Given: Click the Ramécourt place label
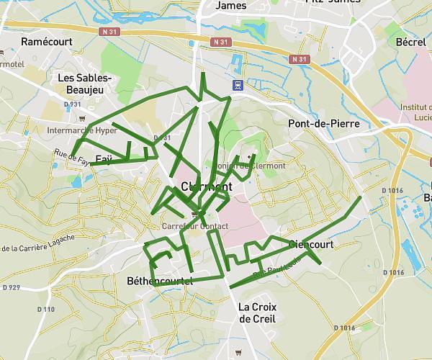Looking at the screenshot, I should pyautogui.click(x=45, y=42).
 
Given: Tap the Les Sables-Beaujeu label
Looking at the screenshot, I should pyautogui.click(x=84, y=84).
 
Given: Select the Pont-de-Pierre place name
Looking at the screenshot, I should pyautogui.click(x=323, y=123).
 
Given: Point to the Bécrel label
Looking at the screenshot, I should pyautogui.click(x=410, y=42).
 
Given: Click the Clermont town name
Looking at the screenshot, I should pyautogui.click(x=207, y=186).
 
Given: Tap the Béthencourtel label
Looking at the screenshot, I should pyautogui.click(x=160, y=281).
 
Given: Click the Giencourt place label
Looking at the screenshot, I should pyautogui.click(x=310, y=245).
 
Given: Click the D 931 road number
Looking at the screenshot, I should pyautogui.click(x=71, y=104).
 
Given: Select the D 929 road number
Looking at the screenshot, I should pyautogui.click(x=12, y=287).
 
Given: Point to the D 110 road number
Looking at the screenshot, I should pyautogui.click(x=45, y=309).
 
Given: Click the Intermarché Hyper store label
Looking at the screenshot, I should pyautogui.click(x=81, y=131).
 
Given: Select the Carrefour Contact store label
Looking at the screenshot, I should pyautogui.click(x=194, y=226).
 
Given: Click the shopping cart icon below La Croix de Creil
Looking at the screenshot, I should pyautogui.click(x=238, y=351).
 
